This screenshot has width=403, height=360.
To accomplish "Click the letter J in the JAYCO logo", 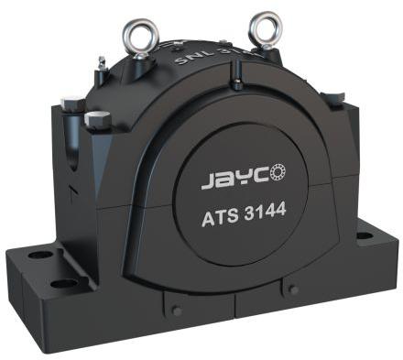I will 206,182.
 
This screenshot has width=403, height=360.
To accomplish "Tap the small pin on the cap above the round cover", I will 236,85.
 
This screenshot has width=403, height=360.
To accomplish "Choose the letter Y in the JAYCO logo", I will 241,178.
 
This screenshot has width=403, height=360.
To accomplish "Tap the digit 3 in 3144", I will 253,214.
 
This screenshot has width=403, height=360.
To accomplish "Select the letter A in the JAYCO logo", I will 223,180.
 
